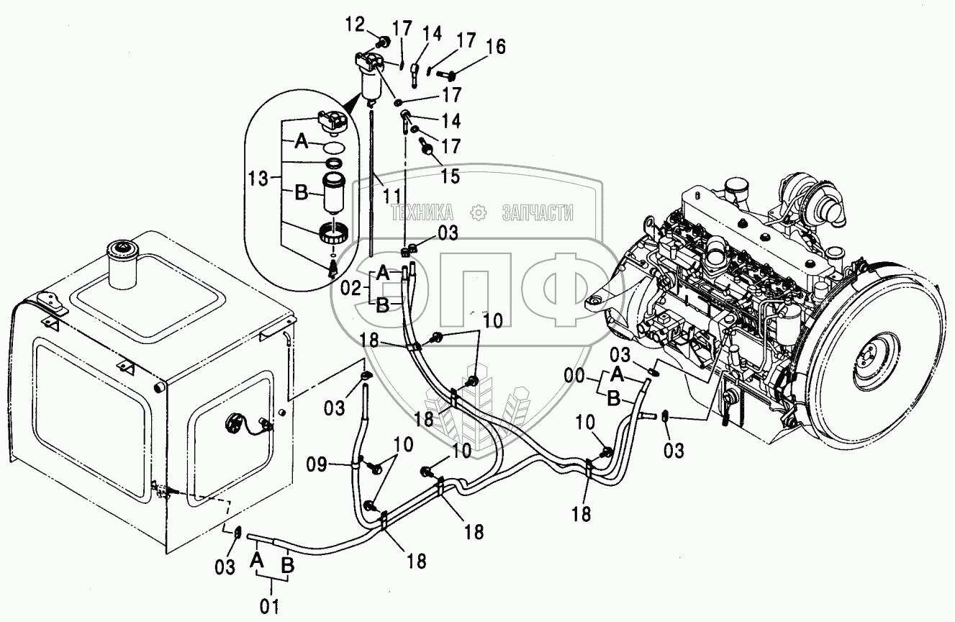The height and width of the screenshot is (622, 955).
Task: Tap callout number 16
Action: [494, 48]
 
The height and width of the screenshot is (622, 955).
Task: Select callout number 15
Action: [451, 175]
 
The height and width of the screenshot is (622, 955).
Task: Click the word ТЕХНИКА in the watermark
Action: [422, 212]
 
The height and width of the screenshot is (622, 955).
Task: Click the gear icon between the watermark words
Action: [477, 212]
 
